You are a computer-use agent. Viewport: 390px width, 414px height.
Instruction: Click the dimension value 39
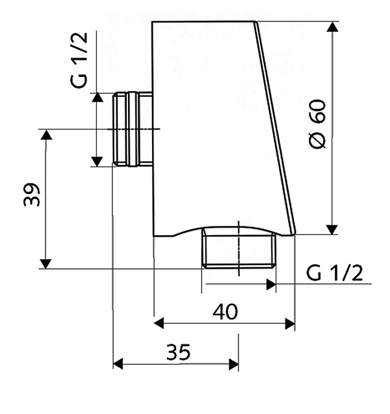coord(32,195)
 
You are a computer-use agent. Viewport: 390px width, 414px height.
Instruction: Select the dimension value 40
coord(225,312)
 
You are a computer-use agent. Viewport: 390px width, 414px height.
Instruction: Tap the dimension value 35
coord(178,352)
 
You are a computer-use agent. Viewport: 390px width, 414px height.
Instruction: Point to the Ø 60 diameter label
coord(318,124)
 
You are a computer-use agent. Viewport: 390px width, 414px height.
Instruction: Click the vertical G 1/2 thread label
coord(79,60)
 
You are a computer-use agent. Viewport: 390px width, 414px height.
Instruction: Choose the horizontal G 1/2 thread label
coord(334,273)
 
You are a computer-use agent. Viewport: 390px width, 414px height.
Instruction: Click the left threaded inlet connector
coord(133,129)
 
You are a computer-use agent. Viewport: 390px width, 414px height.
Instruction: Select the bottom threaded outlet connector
coord(239,249)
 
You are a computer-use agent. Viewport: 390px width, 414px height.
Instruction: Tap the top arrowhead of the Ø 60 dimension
coord(332,27)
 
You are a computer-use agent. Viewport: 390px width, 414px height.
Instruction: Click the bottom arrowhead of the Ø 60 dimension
coord(332,229)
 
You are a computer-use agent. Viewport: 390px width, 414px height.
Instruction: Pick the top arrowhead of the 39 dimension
coord(46,135)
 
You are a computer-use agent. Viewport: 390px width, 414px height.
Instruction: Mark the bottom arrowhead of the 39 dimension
coord(45,264)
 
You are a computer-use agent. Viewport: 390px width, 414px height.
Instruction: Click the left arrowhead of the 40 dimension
coord(159,324)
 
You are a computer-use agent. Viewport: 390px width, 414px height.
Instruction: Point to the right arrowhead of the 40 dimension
coord(290,324)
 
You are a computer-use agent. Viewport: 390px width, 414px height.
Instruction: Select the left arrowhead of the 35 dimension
coord(118,364)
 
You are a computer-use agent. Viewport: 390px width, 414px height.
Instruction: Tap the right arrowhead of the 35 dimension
coord(233,365)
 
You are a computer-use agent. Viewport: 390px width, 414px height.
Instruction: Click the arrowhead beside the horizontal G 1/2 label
coord(271,284)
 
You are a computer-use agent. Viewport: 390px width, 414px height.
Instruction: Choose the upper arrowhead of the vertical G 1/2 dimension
coord(97,97)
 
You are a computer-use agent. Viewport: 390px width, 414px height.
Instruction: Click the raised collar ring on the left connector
coord(133,129)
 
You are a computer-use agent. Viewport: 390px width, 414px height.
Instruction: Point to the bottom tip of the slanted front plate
coord(293,234)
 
